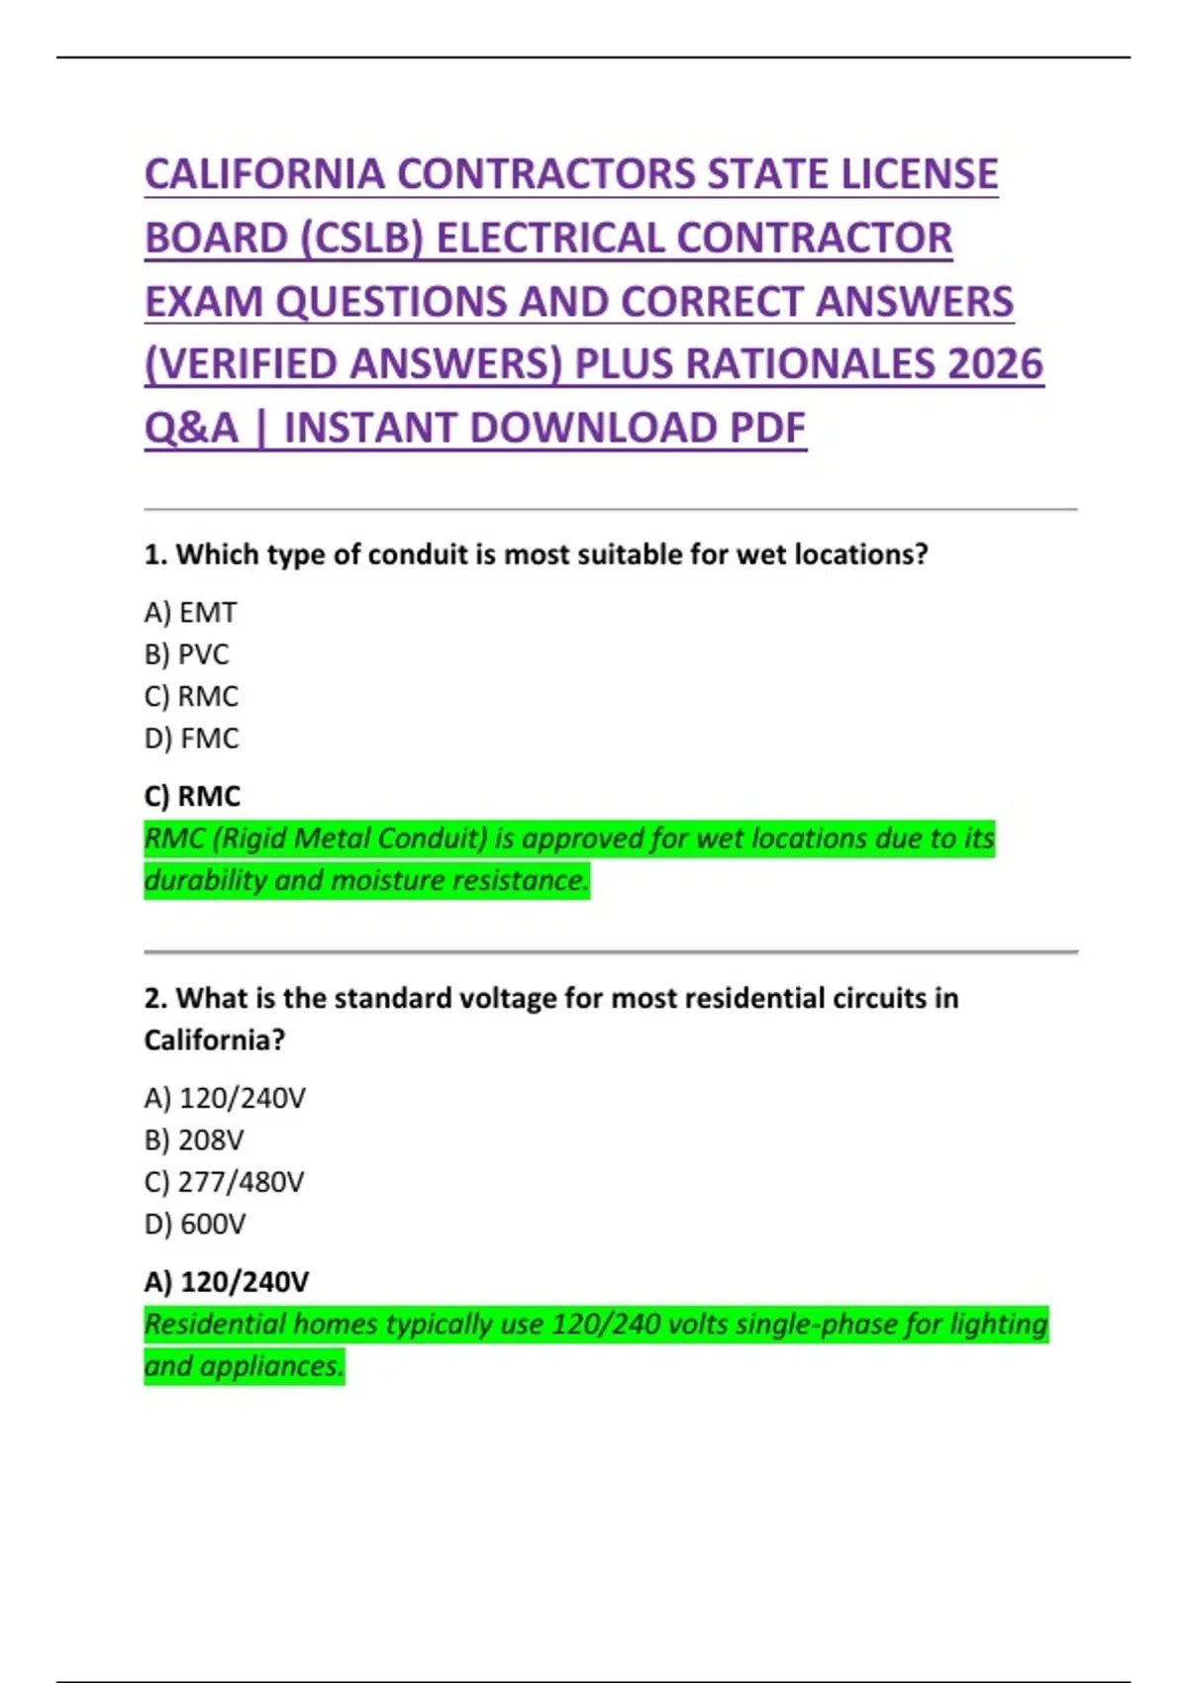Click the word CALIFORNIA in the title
(264, 174)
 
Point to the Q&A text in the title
(191, 429)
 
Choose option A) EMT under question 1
(190, 613)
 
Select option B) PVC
(186, 654)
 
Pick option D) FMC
(191, 739)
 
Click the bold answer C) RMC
(192, 796)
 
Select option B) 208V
(193, 1140)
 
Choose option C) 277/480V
(224, 1182)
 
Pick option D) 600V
(194, 1225)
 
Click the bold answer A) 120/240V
(226, 1282)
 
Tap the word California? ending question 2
(214, 1040)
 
